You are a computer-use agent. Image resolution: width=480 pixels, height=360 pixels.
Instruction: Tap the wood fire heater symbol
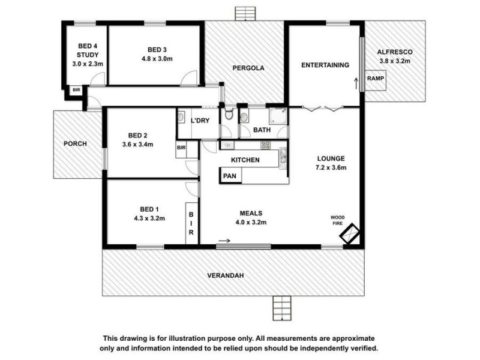(349, 235)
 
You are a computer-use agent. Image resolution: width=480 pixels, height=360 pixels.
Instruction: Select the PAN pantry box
(229, 176)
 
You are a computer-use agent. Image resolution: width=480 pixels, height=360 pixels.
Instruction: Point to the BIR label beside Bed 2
(181, 148)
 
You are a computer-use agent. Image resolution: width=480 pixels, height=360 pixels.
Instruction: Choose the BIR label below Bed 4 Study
(76, 90)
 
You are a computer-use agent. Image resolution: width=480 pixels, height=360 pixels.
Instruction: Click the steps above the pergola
(244, 13)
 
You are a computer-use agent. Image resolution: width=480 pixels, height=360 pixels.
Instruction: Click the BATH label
(261, 130)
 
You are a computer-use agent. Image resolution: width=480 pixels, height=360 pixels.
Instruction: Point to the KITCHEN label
(245, 160)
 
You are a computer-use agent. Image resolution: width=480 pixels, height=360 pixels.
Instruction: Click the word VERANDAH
(233, 275)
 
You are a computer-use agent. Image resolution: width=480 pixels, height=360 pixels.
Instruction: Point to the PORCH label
(76, 144)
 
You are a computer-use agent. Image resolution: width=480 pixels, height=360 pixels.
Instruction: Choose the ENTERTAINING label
(325, 65)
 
